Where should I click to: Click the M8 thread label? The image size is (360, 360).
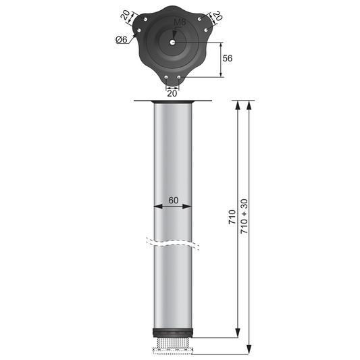(178, 22)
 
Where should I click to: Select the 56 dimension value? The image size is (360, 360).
(228, 59)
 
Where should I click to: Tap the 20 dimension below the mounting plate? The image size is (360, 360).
(172, 93)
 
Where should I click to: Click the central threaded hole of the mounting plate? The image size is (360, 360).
(173, 41)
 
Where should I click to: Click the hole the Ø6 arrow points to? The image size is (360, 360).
(136, 33)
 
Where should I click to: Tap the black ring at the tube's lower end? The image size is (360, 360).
(173, 334)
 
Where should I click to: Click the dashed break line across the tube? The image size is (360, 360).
(173, 241)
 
